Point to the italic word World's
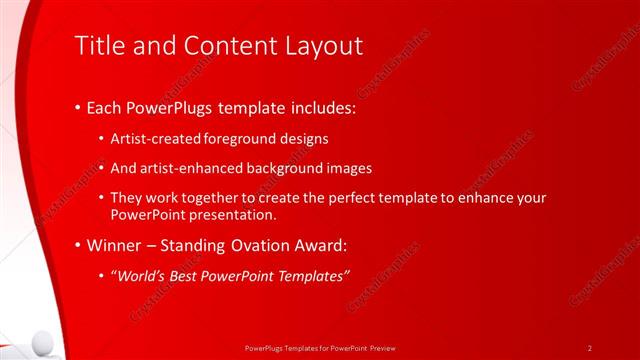[x=139, y=275]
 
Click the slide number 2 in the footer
[x=590, y=347]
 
